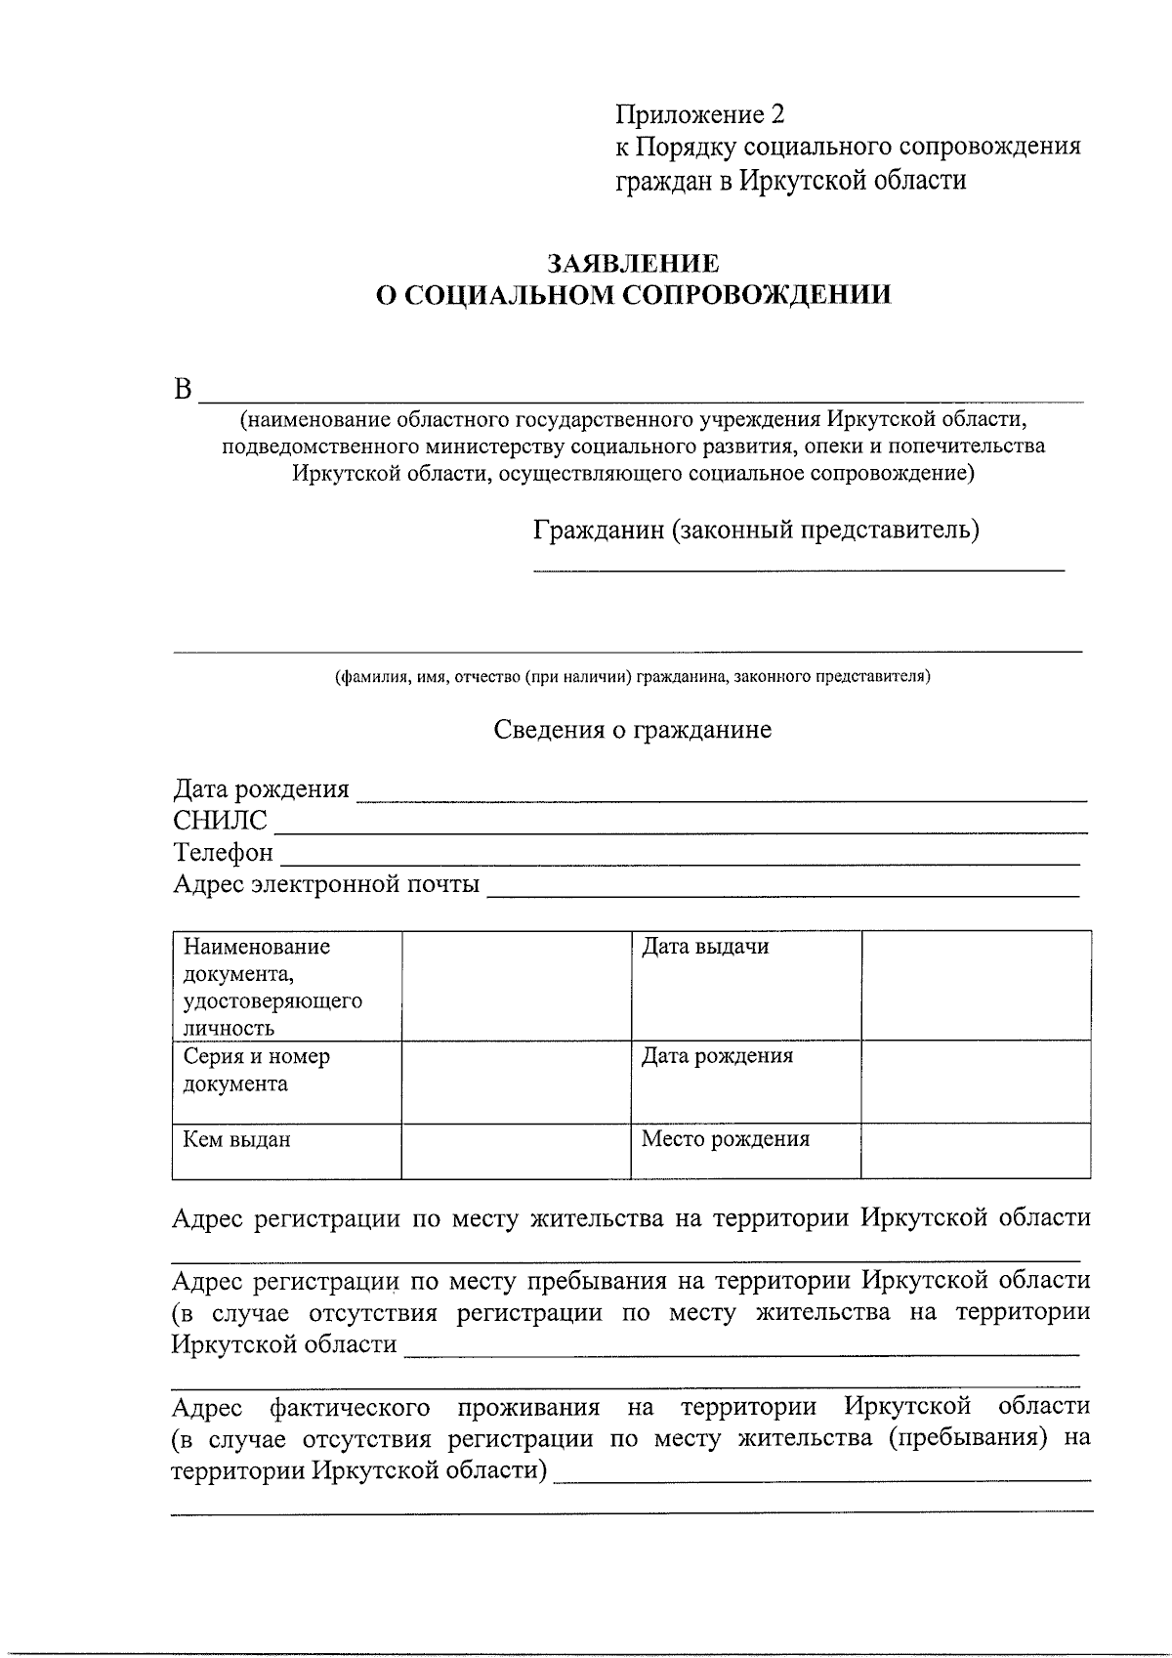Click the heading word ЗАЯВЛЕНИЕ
click(633, 264)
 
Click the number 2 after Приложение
click(777, 115)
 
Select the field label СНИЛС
click(220, 821)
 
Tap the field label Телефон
click(223, 852)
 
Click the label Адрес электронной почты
click(326, 884)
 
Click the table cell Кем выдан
click(237, 1139)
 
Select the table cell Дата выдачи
click(704, 947)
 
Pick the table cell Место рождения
click(725, 1139)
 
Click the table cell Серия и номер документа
click(257, 1070)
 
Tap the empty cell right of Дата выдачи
click(976, 985)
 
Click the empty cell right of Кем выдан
click(516, 1151)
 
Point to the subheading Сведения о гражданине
click(632, 730)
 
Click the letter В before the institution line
click(183, 390)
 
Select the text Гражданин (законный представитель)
click(756, 531)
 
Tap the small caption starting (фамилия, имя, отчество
click(633, 676)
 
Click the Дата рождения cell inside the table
click(717, 1056)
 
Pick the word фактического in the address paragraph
click(350, 1407)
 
